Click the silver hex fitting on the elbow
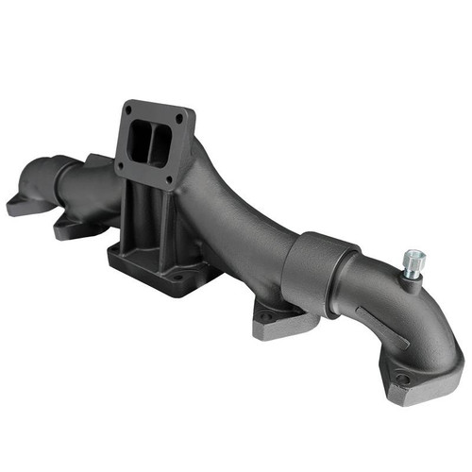pos(413,261)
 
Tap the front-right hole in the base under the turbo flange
pos(177,278)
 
